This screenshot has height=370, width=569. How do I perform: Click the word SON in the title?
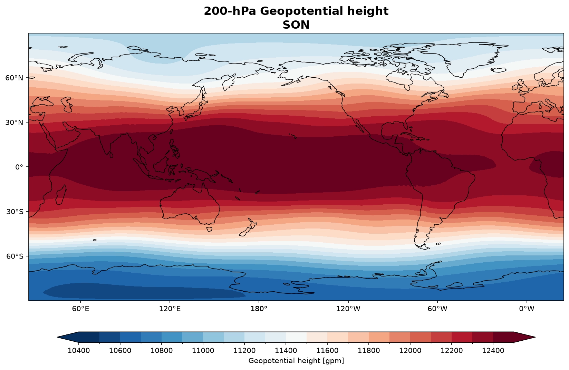(296, 25)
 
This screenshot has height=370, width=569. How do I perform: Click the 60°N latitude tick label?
(14, 78)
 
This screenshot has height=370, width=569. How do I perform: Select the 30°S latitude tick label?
(15, 212)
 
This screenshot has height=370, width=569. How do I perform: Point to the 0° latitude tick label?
(19, 167)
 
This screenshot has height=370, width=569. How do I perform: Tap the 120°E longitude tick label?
(170, 309)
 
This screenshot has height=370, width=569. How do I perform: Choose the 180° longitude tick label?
(259, 309)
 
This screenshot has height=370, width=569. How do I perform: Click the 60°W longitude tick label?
(437, 309)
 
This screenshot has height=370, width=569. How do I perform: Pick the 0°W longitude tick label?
(527, 309)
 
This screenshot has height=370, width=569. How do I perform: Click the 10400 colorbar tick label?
(79, 350)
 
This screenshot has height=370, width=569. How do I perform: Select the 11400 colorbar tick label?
(286, 350)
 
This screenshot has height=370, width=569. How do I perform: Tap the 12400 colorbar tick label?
(493, 350)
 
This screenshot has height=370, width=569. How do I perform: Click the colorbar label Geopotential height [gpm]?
(296, 361)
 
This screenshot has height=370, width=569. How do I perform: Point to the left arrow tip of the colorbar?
(57, 337)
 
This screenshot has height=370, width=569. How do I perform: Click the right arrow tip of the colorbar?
(536, 337)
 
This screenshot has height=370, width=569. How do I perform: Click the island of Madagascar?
(61, 195)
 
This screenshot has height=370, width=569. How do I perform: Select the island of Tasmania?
(209, 229)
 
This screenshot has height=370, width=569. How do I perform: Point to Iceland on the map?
(498, 70)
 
